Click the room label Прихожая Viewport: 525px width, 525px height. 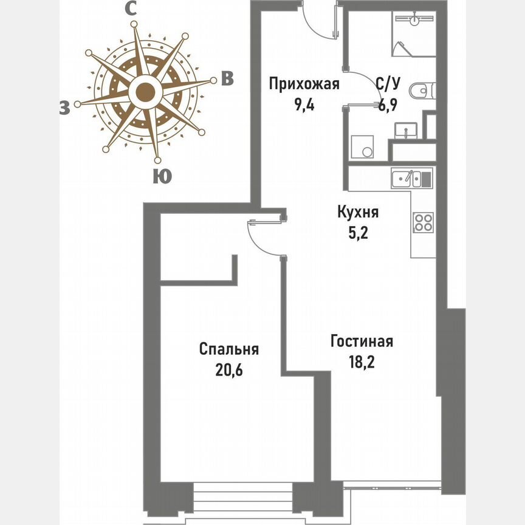point(304,84)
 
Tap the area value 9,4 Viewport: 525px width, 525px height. point(304,103)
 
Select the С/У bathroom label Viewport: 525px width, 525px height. point(387,84)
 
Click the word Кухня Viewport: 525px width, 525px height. point(359,212)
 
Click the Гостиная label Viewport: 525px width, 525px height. point(362,341)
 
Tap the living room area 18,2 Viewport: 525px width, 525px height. point(362,361)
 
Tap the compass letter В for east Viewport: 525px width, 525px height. point(227,79)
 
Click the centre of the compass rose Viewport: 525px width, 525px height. point(145,93)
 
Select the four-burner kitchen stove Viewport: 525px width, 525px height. point(423,222)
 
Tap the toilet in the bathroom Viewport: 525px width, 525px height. point(420,91)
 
